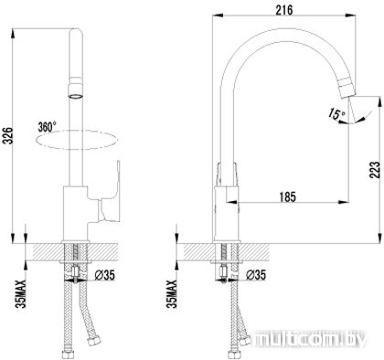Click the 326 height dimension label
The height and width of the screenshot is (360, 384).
pyautogui.click(x=7, y=135)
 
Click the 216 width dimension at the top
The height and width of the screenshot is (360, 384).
pyautogui.click(x=284, y=10)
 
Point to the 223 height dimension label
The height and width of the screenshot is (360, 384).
pyautogui.click(x=375, y=170)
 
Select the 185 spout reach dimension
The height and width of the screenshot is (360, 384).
pyautogui.click(x=287, y=196)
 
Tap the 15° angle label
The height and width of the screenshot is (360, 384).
pyautogui.click(x=336, y=114)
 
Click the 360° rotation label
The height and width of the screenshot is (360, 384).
pyautogui.click(x=47, y=127)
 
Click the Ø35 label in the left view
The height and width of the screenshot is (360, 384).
pyautogui.click(x=104, y=275)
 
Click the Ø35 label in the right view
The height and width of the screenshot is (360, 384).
pyautogui.click(x=256, y=275)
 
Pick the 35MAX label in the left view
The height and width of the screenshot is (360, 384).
pyautogui.click(x=21, y=294)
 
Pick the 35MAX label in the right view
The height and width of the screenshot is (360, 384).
pyautogui.click(x=172, y=294)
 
